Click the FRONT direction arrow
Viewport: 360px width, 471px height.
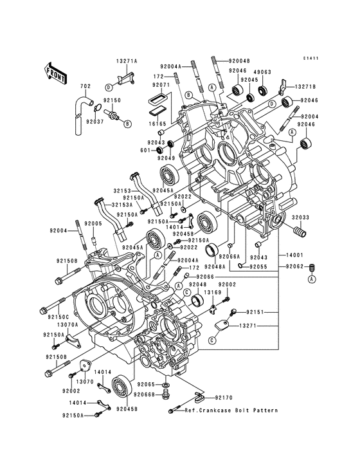coord(57,70)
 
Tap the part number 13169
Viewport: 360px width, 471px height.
coord(213,292)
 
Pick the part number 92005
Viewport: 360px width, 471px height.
coord(94,223)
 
